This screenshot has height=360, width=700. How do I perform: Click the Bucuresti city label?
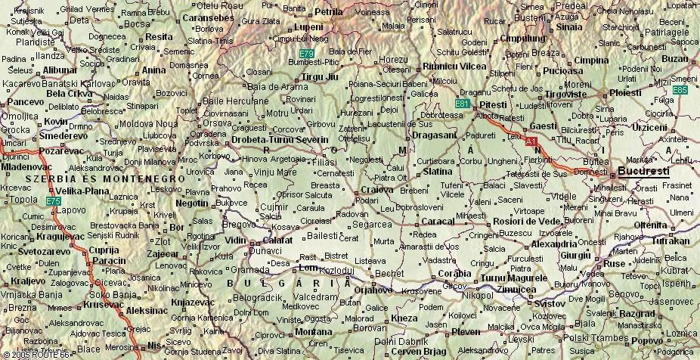click(x=643, y=172)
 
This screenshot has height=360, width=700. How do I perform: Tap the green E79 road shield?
click(x=306, y=54)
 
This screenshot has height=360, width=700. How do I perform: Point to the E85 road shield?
click(x=680, y=90)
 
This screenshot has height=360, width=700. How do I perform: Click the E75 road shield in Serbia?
click(x=53, y=200)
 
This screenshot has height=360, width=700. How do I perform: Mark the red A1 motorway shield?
click(x=531, y=141)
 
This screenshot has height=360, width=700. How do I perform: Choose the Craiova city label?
click(x=377, y=189)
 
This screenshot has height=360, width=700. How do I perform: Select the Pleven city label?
click(x=466, y=331)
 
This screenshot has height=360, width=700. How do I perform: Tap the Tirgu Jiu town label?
click(x=321, y=77)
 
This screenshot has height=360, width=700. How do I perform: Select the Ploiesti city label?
click(x=625, y=92)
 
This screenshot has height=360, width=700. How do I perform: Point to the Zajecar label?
click(x=163, y=254)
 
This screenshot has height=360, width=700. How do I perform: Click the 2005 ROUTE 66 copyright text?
click(x=36, y=354)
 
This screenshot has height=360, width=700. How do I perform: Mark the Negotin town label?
click(x=191, y=203)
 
